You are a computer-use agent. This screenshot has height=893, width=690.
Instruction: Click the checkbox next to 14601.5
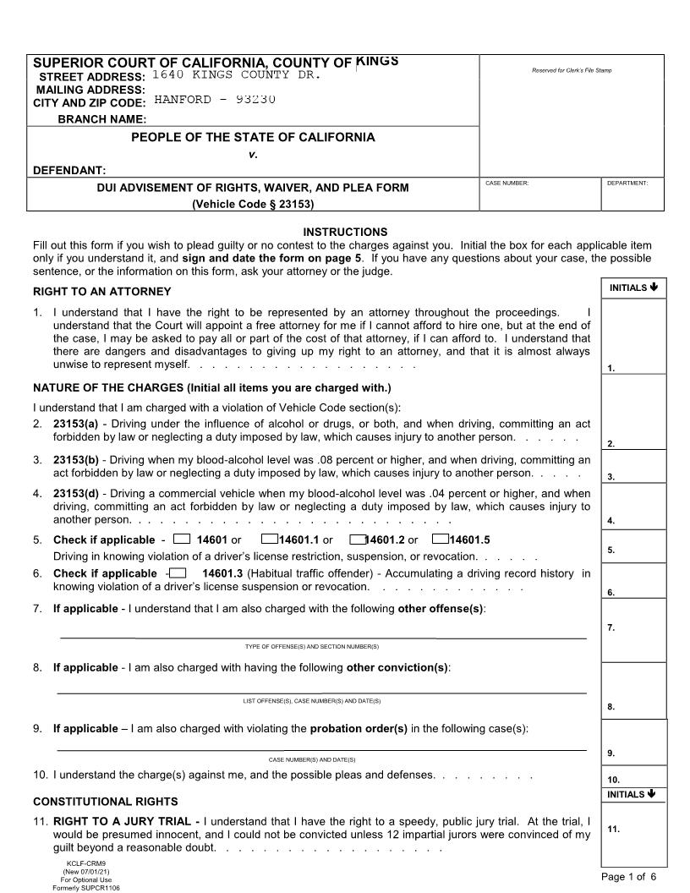pyautogui.click(x=440, y=540)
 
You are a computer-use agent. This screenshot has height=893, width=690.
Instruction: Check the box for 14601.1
pyautogui.click(x=270, y=540)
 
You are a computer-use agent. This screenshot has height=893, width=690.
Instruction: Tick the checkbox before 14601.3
pyautogui.click(x=178, y=573)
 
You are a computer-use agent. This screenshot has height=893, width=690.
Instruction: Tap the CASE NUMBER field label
pyautogui.click(x=507, y=183)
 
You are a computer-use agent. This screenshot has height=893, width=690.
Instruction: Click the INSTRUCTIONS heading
pyautogui.click(x=345, y=232)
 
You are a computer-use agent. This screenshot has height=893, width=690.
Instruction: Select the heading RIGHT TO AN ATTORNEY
pyautogui.click(x=101, y=292)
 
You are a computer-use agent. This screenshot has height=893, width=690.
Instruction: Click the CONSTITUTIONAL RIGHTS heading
pyautogui.click(x=105, y=801)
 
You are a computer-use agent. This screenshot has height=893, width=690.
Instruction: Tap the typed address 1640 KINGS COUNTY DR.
pyautogui.click(x=236, y=75)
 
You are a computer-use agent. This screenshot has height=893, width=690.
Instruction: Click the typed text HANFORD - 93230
pyautogui.click(x=215, y=100)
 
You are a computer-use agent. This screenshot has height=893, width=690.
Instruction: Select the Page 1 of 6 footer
pyautogui.click(x=634, y=877)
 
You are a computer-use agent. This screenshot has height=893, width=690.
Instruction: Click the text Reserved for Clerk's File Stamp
pyautogui.click(x=571, y=70)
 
